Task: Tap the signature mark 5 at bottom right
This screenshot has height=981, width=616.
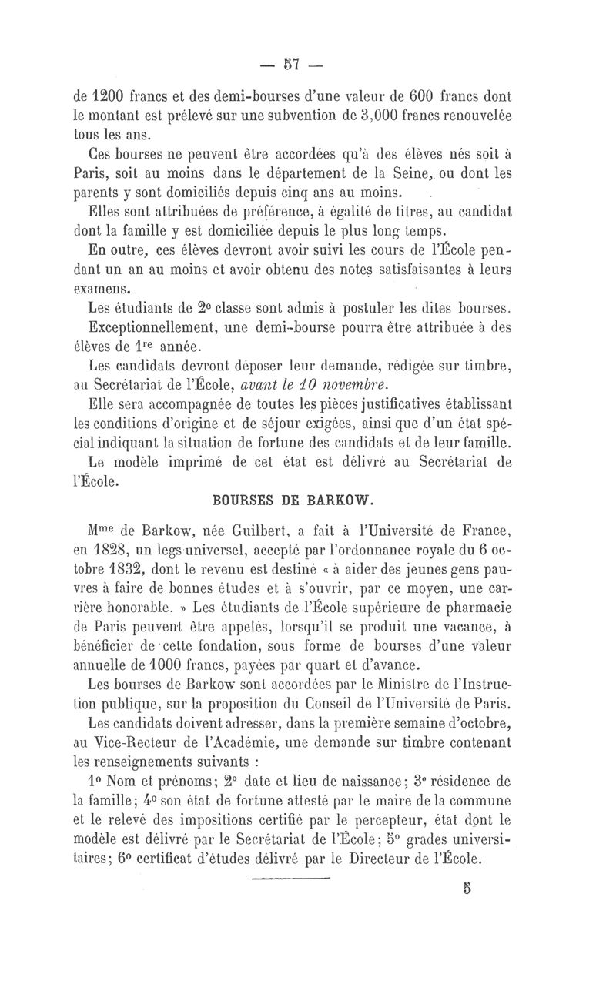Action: click(x=467, y=888)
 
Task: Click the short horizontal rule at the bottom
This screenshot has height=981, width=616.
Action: click(x=290, y=879)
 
